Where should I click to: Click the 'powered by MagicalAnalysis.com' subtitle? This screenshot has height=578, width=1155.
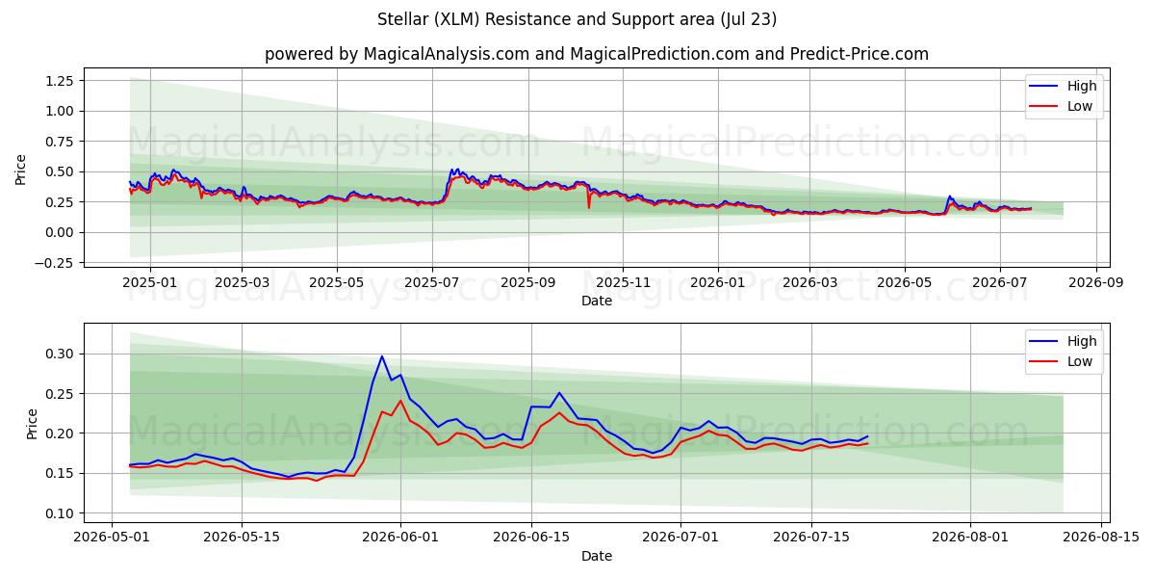click(x=397, y=54)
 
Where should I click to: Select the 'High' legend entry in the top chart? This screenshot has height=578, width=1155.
click(x=1063, y=86)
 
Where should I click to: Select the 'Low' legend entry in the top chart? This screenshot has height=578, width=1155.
click(x=1061, y=106)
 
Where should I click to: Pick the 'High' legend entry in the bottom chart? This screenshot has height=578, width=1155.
click(x=1063, y=341)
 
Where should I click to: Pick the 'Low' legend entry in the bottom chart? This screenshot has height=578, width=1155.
click(x=1061, y=361)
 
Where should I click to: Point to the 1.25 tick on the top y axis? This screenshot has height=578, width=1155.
click(x=60, y=81)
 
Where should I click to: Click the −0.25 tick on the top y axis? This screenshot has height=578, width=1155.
click(x=54, y=263)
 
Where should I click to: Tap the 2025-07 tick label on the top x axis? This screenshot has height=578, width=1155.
click(x=432, y=283)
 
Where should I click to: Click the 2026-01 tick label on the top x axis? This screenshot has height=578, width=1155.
click(x=718, y=283)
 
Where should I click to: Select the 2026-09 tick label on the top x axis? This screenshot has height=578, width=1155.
click(x=1095, y=283)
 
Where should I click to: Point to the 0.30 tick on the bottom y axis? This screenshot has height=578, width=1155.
click(x=60, y=355)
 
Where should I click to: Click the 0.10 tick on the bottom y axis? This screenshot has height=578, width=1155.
click(x=60, y=513)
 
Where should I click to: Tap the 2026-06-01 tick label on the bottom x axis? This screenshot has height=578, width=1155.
click(x=400, y=538)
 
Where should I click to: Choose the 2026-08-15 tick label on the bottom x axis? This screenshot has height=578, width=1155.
click(x=1101, y=538)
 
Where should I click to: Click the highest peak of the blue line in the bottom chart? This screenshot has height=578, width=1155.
click(x=381, y=356)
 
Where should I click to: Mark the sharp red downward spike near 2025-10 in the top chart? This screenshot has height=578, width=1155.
click(x=589, y=207)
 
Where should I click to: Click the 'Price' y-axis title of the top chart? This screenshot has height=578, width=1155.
click(x=20, y=170)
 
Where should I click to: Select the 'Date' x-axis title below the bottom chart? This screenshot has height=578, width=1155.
click(x=597, y=557)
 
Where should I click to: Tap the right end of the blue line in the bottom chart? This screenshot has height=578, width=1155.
click(x=868, y=436)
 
